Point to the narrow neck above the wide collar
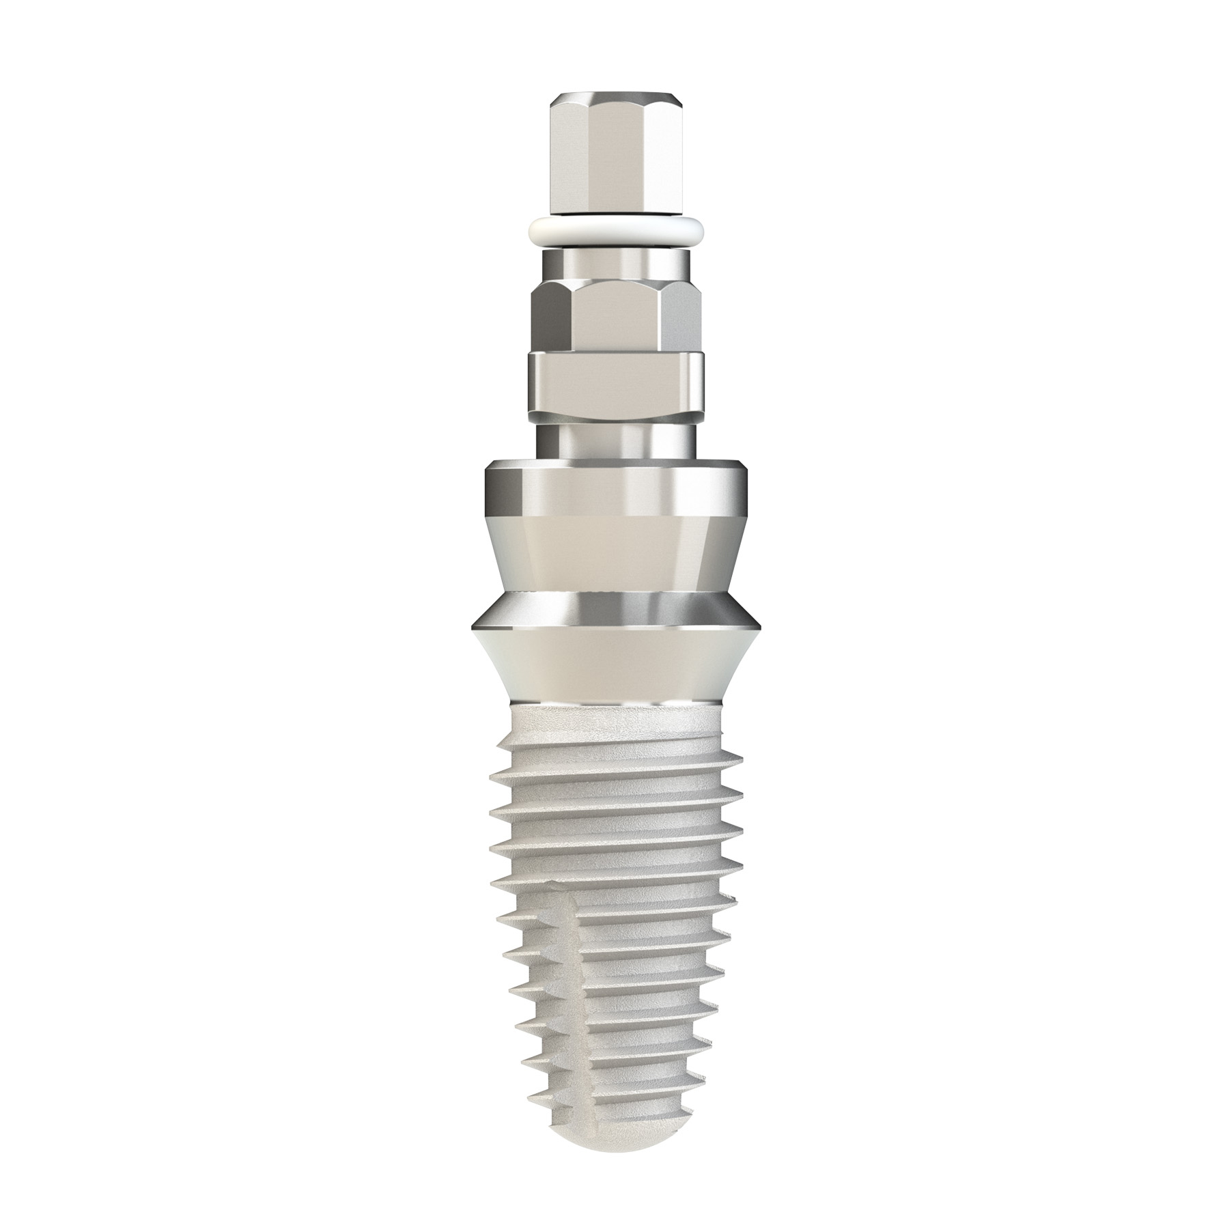pos(614,440)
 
